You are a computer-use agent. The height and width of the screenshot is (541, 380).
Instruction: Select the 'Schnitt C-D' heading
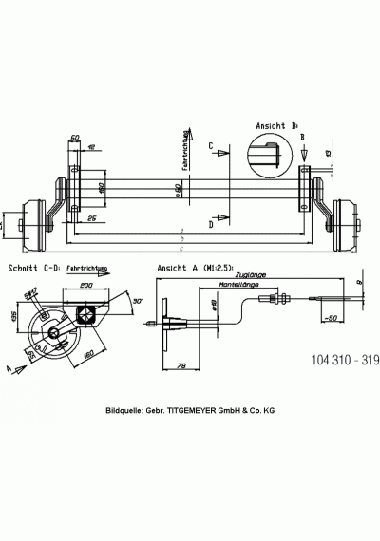pos(36,269)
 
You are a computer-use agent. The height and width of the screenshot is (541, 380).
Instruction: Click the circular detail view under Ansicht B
pos(268,154)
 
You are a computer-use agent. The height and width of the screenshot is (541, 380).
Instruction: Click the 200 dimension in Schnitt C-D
pos(86,284)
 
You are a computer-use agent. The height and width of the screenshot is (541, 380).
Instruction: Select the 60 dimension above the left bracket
pos(76,138)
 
